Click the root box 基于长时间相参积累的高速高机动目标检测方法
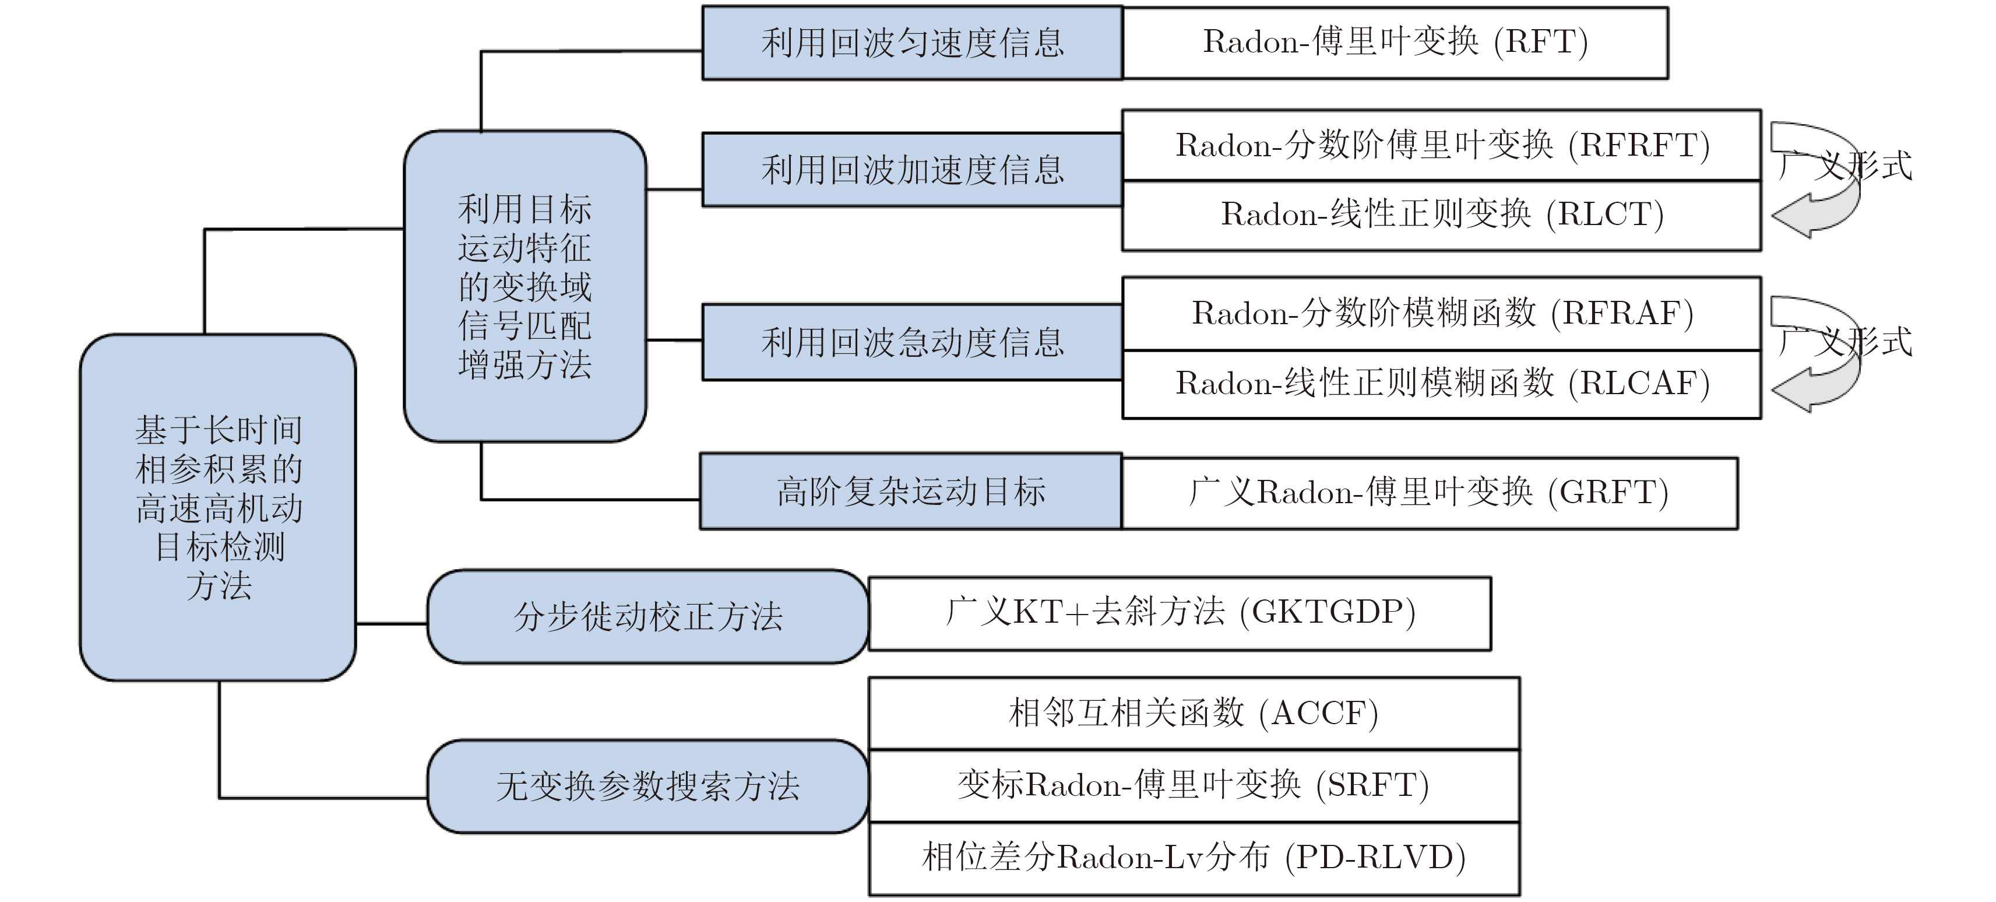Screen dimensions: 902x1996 [x=218, y=508]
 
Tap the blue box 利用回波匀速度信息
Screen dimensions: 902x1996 [x=912, y=43]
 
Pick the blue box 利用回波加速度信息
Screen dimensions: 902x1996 [x=912, y=170]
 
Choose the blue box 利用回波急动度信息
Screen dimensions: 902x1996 [x=912, y=342]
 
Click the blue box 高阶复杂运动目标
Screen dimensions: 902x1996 [x=910, y=492]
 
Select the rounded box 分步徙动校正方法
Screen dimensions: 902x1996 [x=648, y=617]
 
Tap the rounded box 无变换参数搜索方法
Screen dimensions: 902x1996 [x=648, y=787]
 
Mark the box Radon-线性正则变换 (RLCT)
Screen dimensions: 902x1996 [x=1441, y=215]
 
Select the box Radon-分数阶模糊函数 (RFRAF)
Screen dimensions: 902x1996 [x=1441, y=314]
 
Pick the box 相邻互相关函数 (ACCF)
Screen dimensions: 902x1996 [x=1194, y=714]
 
